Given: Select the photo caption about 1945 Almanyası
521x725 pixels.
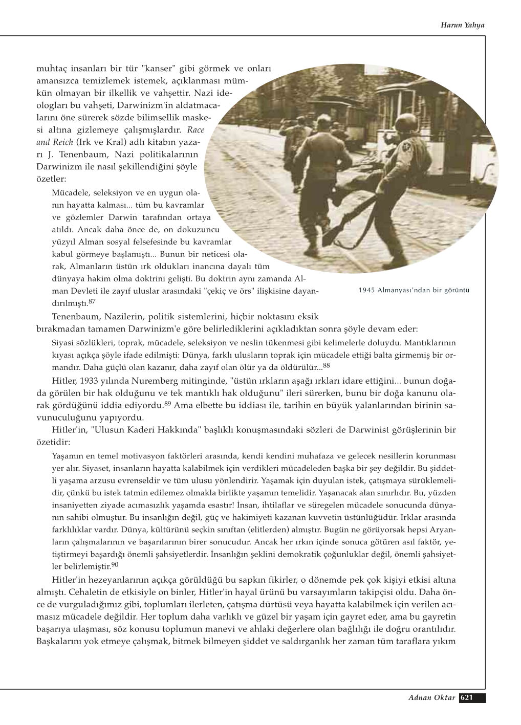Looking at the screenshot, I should click(414, 290).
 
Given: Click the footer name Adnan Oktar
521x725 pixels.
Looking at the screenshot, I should click(431, 697).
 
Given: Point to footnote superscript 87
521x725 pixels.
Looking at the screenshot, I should click(92, 301).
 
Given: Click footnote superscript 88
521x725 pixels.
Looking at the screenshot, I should click(327, 365).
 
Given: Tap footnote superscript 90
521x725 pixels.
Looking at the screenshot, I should click(115, 564).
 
